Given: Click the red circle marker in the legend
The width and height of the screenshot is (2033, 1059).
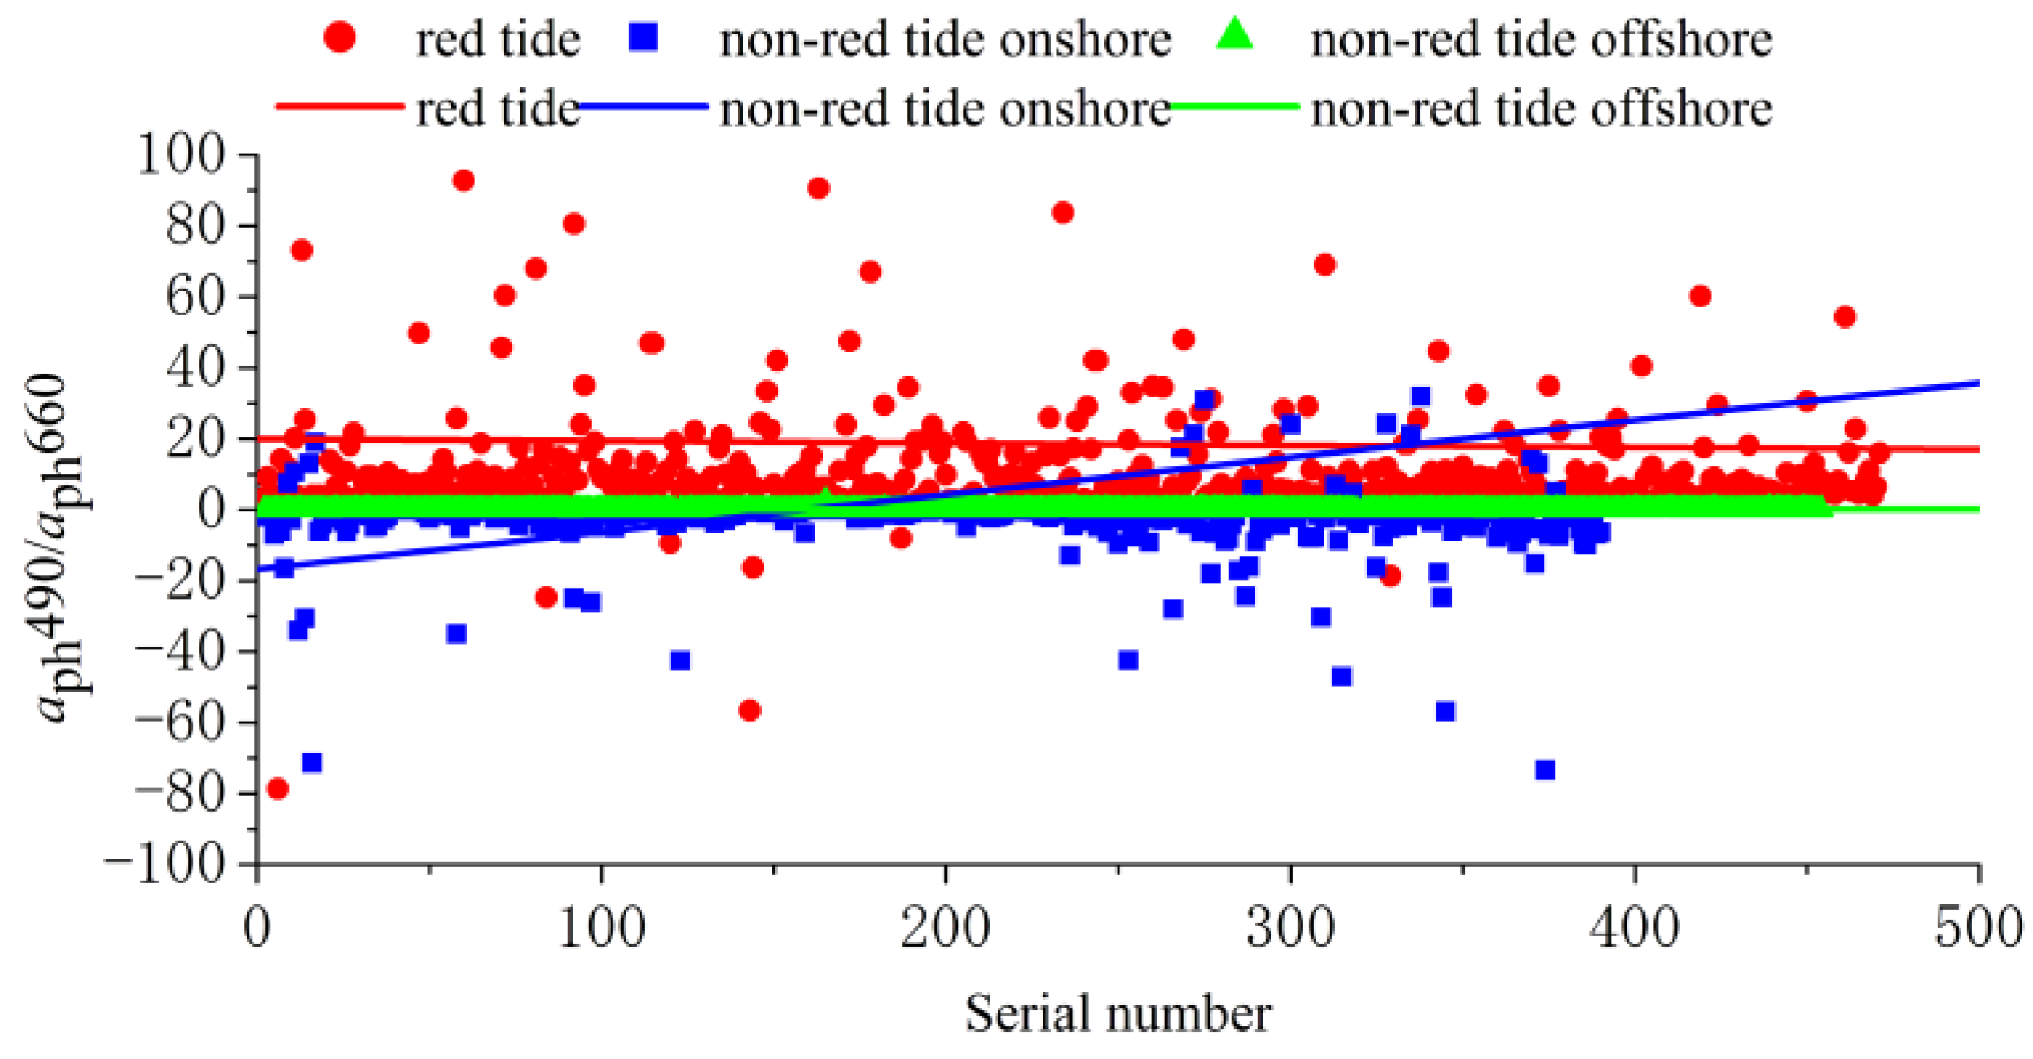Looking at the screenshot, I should point(339,37).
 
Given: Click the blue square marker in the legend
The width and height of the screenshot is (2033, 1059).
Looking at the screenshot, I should point(644,37).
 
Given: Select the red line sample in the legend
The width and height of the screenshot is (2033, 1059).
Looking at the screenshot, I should point(339,107).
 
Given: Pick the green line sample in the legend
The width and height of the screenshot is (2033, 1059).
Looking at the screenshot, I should point(1234,107).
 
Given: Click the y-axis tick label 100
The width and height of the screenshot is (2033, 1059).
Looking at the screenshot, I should point(182,155).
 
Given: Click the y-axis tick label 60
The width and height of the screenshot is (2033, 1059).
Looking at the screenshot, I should point(193,296).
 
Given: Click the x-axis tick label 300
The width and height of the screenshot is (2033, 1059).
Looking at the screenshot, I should point(1290,929).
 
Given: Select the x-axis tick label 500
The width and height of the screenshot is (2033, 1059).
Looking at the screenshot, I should point(1977,929).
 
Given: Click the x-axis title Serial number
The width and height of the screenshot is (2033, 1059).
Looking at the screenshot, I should point(1118,1014).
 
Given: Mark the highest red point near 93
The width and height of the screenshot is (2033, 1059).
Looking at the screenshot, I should point(463,180).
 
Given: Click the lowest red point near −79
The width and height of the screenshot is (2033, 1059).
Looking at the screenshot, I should point(277,788).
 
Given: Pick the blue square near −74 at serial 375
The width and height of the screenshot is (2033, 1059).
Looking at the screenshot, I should point(1544,770).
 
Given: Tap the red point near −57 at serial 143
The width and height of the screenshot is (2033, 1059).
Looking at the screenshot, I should point(749,710).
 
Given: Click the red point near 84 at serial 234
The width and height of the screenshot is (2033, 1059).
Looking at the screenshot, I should point(1062,212).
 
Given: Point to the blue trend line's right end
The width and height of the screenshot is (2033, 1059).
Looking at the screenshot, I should point(1977,382).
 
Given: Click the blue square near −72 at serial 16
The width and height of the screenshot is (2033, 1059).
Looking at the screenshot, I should point(311,762).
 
